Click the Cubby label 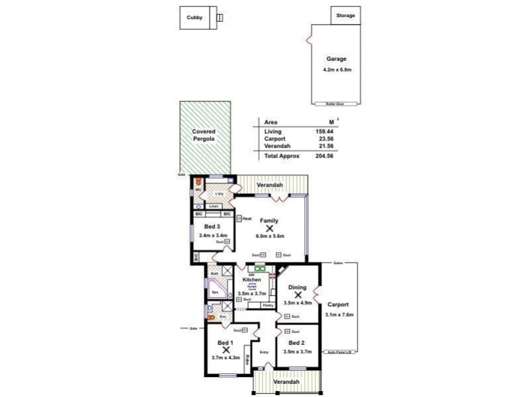(194, 18)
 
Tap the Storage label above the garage (346, 15)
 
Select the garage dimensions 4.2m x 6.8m (336, 69)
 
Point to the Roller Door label (336, 104)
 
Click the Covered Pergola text (204, 136)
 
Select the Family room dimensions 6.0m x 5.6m (270, 236)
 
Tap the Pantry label (268, 305)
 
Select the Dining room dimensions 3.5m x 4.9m (297, 303)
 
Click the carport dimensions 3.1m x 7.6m (340, 315)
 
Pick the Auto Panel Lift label (341, 352)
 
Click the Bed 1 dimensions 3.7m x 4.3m (226, 358)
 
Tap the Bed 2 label (297, 343)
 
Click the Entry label (264, 352)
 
